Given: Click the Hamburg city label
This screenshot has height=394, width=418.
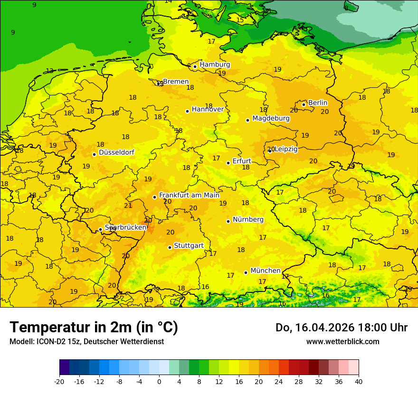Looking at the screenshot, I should click(215, 65).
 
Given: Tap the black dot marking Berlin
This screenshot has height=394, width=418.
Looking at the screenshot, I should click(304, 104).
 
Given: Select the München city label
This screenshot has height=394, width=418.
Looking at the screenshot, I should click(265, 271).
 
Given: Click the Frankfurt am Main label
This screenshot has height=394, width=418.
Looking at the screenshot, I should click(189, 195).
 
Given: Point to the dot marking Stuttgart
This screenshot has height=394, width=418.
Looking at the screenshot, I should click(170, 247).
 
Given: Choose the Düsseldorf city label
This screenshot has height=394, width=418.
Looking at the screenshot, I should click(116, 152).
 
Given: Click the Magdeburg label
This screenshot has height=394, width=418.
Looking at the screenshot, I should click(271, 118).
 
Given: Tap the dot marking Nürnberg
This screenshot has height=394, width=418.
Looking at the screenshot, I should click(228, 221).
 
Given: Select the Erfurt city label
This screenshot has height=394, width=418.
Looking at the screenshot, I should click(242, 161).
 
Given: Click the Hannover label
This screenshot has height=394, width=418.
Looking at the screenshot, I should click(208, 109).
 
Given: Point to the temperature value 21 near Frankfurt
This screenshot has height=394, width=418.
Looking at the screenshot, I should click(128, 206).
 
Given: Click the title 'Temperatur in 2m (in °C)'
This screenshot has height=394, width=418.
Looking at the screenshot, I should click(94, 328).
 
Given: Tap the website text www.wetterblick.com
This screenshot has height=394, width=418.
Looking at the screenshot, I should click(342, 342).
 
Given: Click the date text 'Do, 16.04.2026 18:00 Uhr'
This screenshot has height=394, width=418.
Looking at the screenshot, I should click(341, 328).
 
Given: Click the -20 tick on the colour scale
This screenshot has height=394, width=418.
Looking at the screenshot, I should click(59, 381).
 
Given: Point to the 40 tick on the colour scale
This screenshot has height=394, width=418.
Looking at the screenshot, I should click(359, 381).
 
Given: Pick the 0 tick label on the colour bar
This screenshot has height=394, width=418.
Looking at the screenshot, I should click(159, 381).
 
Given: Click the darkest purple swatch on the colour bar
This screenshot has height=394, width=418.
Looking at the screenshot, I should click(64, 367).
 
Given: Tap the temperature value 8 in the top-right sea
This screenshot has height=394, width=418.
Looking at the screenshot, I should click(346, 8).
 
